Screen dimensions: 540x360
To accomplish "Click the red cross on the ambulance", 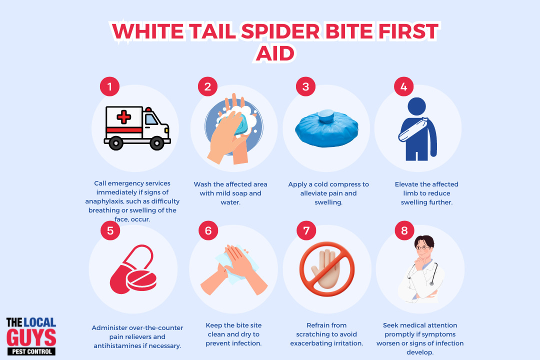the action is pos(123,117).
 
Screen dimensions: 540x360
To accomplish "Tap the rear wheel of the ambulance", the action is pos(115,142).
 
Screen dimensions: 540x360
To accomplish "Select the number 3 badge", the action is pos(306,86).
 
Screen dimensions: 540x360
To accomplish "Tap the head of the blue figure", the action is pos(416,106).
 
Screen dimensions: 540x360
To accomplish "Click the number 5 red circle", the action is pos(110,230).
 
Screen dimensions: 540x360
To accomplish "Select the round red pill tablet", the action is pos(141,280).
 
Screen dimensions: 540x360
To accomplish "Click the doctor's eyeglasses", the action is pos(422,247).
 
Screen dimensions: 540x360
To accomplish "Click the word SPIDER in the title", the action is pos(280,31).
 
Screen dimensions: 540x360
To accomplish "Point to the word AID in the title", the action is pos(275,53).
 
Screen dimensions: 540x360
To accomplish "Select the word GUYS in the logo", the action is pos(31,338).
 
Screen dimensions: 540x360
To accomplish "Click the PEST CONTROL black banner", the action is pos(31,351).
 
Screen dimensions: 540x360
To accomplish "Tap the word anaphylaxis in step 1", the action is pos(107,201).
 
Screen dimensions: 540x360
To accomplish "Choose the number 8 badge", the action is pos(404,230).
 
